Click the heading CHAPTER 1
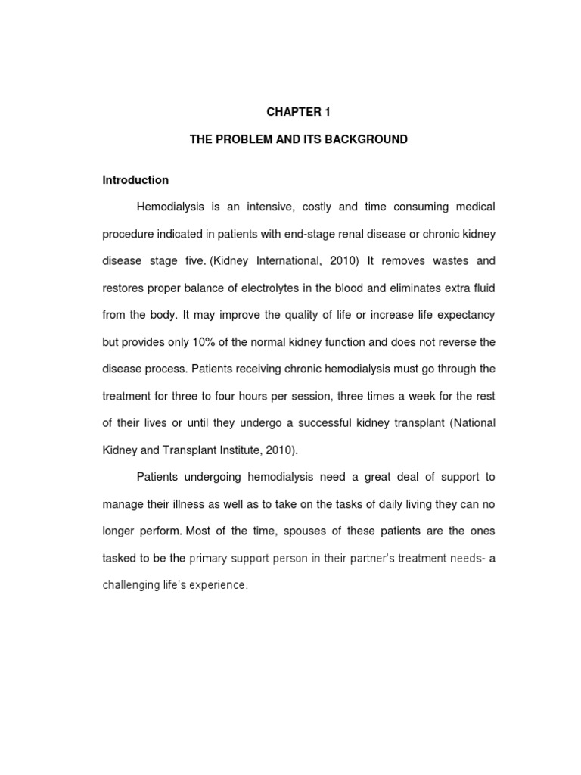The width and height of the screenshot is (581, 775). (299, 112)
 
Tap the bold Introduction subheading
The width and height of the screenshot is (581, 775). (135, 180)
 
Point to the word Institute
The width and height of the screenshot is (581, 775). (230, 450)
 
